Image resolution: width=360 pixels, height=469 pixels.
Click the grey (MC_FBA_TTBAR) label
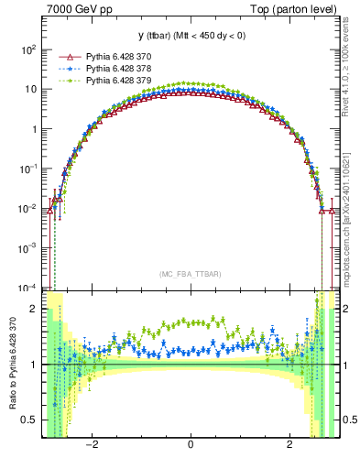(x=190, y=274)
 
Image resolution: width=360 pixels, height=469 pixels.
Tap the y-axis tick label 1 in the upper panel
(x=35, y=129)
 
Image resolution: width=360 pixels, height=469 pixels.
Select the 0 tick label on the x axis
(x=191, y=446)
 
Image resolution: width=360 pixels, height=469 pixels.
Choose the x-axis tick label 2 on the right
(x=289, y=446)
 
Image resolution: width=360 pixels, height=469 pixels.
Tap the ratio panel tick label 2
(x=35, y=310)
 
